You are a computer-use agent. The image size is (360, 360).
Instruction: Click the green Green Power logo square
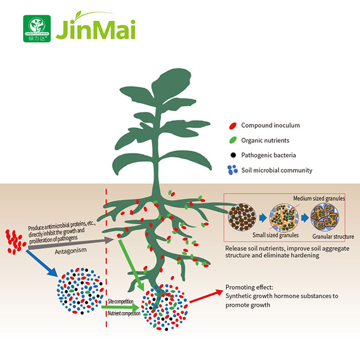(37, 28)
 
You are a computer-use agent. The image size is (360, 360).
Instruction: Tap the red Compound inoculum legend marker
(232, 125)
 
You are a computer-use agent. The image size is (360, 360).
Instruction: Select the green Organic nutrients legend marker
(232, 140)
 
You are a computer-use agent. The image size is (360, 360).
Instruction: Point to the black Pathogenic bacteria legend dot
(232, 155)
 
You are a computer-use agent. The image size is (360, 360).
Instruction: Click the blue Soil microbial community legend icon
(231, 169)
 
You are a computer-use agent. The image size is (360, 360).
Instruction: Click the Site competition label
(120, 302)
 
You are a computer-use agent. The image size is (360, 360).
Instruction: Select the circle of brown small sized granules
(244, 216)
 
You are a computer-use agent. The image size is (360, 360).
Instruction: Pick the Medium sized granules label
(319, 198)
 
